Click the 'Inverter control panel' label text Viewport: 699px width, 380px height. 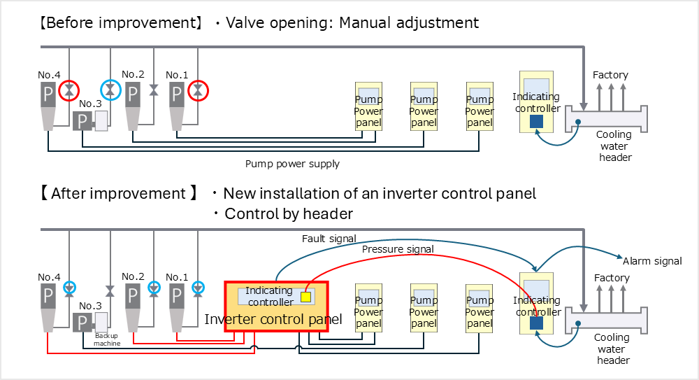click(x=273, y=319)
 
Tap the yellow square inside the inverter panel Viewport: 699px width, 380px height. click(x=305, y=297)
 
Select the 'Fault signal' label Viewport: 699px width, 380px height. click(x=329, y=239)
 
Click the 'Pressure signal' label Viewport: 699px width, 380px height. click(x=398, y=249)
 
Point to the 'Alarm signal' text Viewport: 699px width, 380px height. click(x=651, y=261)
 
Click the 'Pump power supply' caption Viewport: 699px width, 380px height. click(x=292, y=164)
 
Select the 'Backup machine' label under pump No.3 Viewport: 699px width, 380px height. click(x=107, y=339)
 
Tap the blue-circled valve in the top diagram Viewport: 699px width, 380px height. click(x=110, y=90)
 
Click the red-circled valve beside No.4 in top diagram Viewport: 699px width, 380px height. click(x=69, y=90)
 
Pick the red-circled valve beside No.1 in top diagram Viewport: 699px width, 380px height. click(x=199, y=90)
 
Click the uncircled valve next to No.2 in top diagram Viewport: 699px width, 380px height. click(x=154, y=90)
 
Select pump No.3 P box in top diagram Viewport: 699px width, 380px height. click(x=82, y=121)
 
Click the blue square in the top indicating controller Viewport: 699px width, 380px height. click(x=537, y=121)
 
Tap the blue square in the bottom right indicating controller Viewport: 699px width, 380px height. click(x=537, y=323)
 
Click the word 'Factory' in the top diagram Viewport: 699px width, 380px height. click(x=610, y=75)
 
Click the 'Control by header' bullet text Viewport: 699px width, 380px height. click(x=288, y=213)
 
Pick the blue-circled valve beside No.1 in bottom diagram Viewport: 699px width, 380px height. click(x=199, y=287)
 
